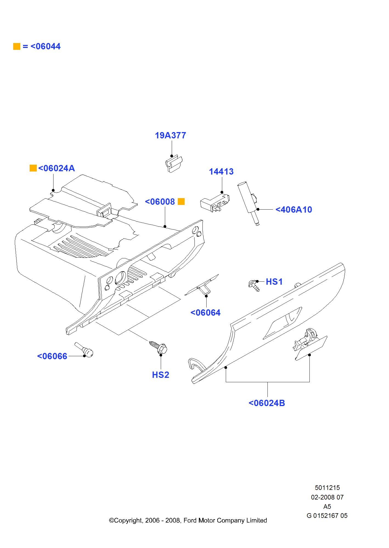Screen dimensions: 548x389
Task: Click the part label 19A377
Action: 170,135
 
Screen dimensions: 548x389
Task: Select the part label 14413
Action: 221,172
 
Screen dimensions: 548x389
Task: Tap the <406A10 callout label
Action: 294,210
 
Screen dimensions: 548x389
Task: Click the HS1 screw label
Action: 274,282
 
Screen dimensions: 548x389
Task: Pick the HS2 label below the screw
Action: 160,375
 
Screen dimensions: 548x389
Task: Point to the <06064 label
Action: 205,313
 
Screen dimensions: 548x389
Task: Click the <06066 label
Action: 52,356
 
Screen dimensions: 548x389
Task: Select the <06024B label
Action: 267,403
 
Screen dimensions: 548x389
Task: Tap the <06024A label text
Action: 57,168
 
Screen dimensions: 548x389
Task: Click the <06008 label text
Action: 160,202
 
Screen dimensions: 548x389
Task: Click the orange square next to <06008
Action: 181,202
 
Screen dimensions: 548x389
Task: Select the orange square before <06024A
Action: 33,168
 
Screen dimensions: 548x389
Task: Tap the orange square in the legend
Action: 17,47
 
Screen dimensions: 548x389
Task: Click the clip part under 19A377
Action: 174,164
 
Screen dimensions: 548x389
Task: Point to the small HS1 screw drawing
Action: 254,286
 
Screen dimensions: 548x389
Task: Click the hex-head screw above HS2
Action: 159,347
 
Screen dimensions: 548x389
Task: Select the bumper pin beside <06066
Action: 84,350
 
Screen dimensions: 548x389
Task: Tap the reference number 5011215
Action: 327,488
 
